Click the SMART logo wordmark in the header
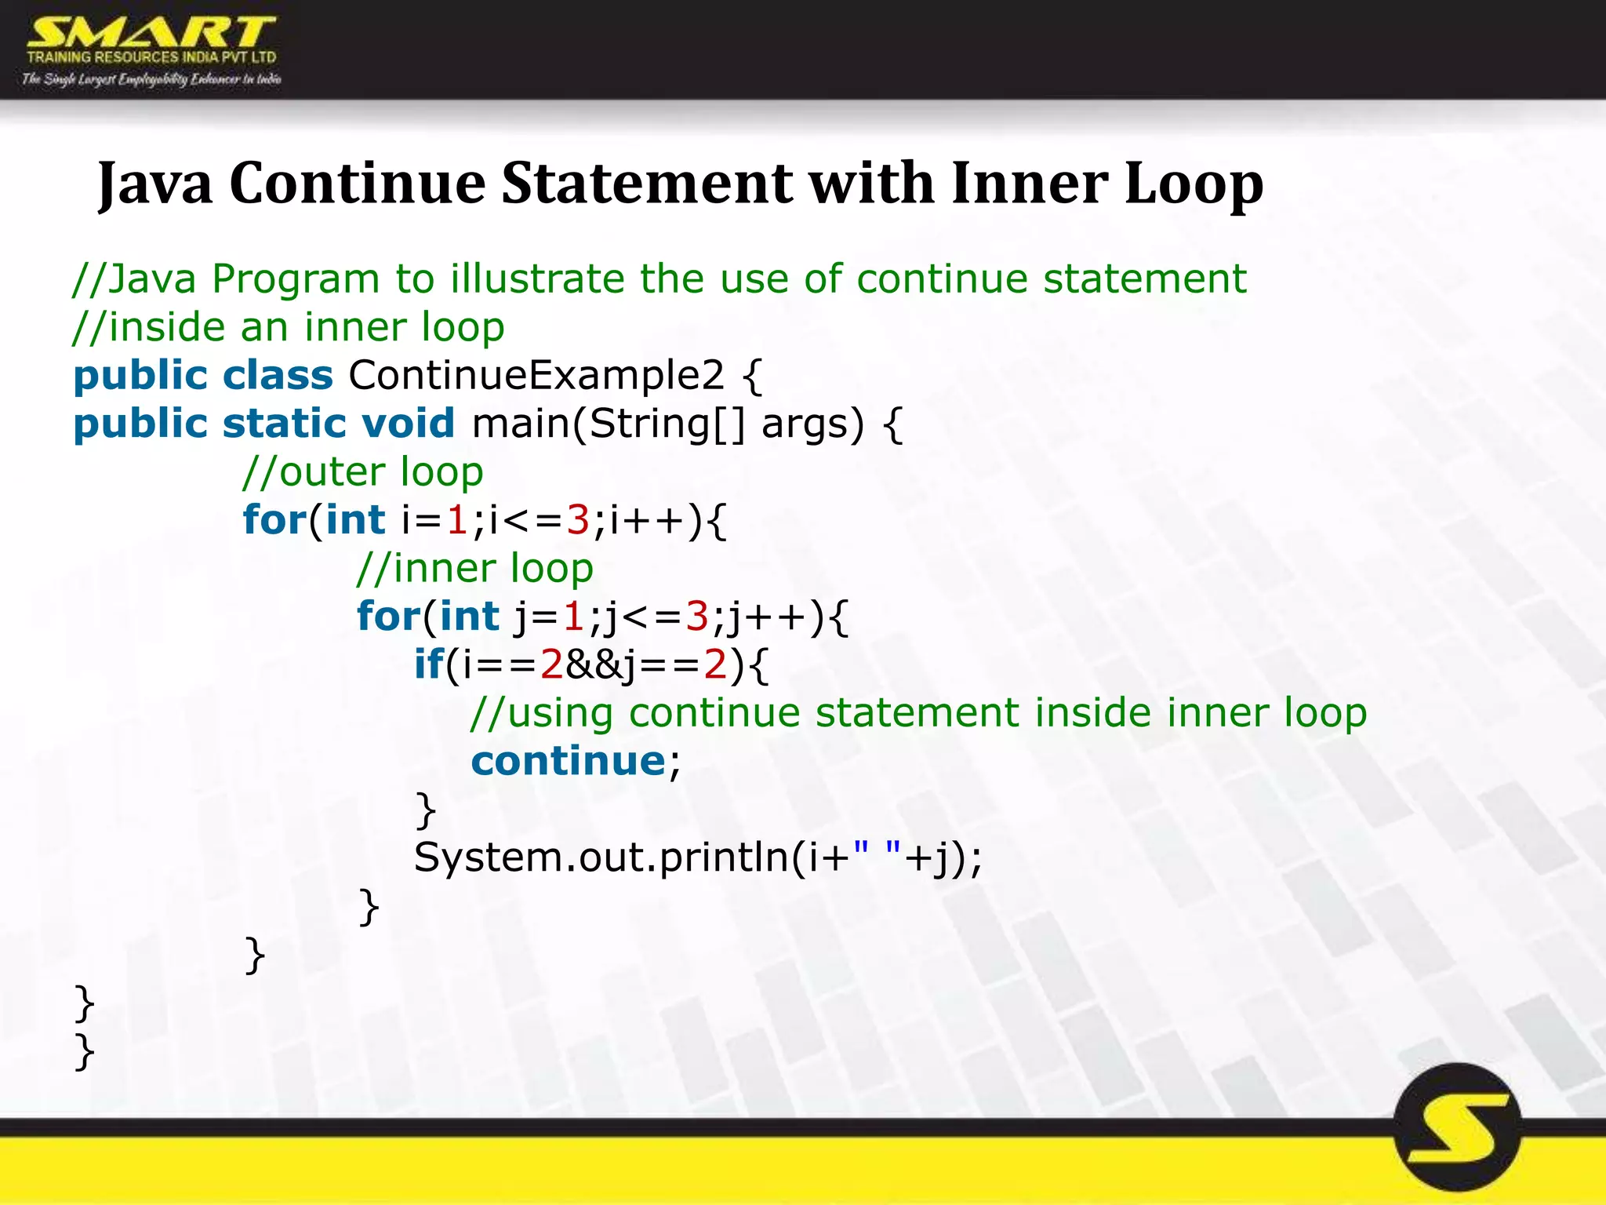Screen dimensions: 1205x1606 pyautogui.click(x=151, y=33)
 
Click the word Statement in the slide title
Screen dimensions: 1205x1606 pyautogui.click(x=646, y=184)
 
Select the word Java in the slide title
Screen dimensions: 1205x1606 pyautogui.click(x=155, y=184)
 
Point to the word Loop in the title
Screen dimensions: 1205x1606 pyautogui.click(x=1194, y=184)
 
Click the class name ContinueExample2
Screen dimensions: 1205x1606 pyautogui.click(x=536, y=375)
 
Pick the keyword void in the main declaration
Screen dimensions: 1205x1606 pyautogui.click(x=408, y=424)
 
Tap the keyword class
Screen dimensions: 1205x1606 pyautogui.click(x=278, y=375)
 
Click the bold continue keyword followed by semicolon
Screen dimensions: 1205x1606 pyautogui.click(x=568, y=761)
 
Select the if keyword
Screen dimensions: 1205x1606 pyautogui.click(x=428, y=664)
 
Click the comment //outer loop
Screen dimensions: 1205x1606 pyautogui.click(x=363, y=472)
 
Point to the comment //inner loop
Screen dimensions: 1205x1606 pyautogui.click(x=474, y=569)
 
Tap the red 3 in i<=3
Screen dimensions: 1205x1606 pyautogui.click(x=578, y=520)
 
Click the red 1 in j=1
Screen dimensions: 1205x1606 pyautogui.click(x=573, y=617)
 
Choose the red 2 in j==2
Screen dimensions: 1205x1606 pyautogui.click(x=715, y=664)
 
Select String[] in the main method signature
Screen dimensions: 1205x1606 pyautogui.click(x=666, y=424)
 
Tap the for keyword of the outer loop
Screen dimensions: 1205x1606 pyautogui.click(x=274, y=520)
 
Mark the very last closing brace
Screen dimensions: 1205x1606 pyautogui.click(x=84, y=1051)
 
